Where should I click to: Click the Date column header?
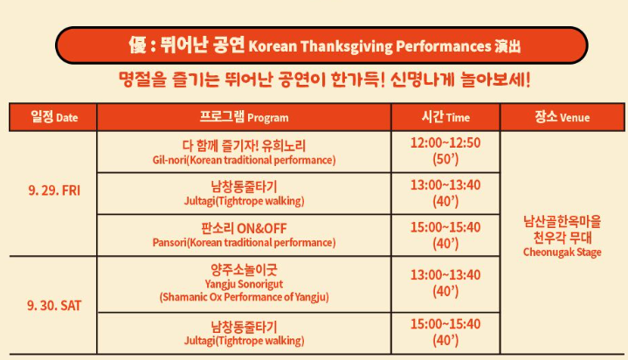[53, 117]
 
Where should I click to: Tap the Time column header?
[445, 117]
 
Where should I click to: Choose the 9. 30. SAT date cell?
[53, 307]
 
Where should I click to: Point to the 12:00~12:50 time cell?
[445, 142]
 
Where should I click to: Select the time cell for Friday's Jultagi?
[445, 193]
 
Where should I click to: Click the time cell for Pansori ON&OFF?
[445, 234]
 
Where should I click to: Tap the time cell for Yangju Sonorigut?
[445, 283]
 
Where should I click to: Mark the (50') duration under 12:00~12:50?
[445, 160]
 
